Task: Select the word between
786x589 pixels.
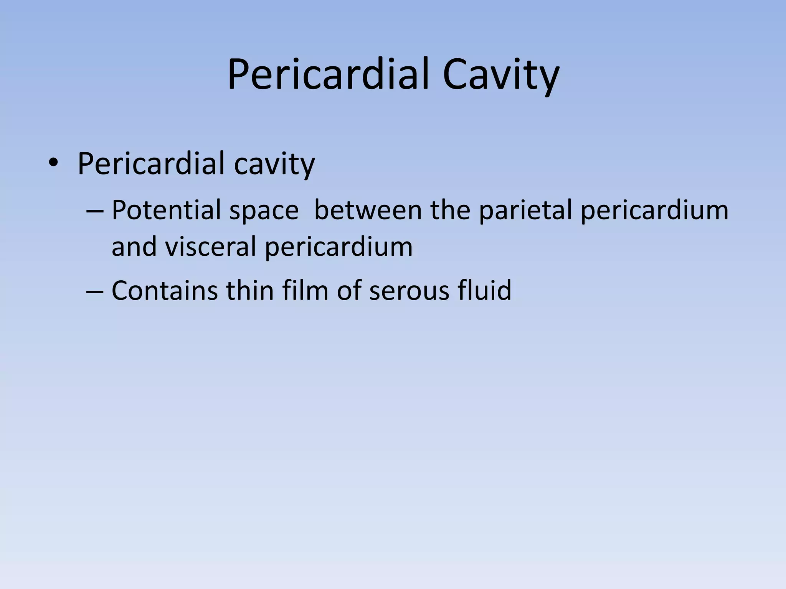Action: pyautogui.click(x=368, y=210)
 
